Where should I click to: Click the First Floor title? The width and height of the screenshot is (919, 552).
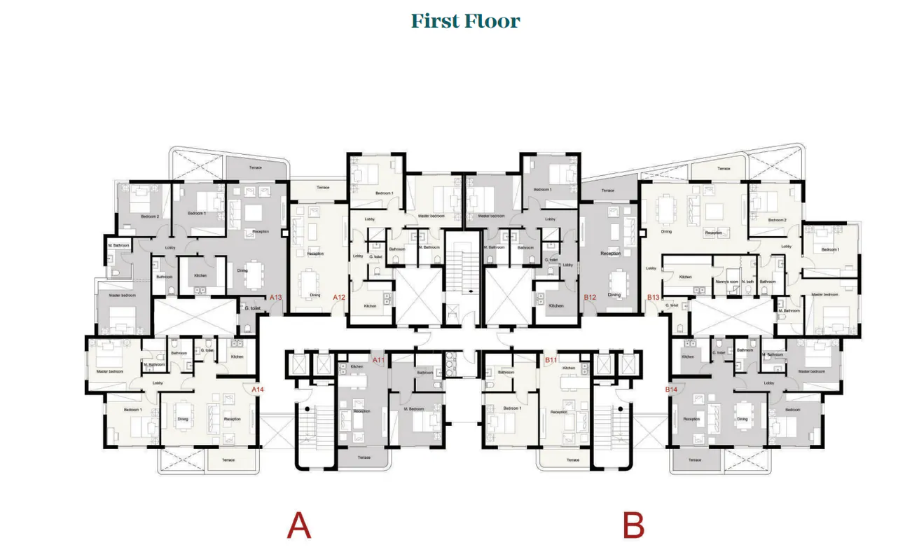465,21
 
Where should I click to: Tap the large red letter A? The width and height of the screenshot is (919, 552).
298,525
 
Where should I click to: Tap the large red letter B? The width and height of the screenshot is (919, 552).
633,525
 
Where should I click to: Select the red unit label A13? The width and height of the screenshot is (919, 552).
275,298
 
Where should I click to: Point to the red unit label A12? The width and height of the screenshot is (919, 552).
339,298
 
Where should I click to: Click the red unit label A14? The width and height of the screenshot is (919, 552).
257,389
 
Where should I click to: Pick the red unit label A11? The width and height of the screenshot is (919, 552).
378,360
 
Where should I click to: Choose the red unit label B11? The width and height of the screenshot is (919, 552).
551,360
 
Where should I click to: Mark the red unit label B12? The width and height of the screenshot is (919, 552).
590,298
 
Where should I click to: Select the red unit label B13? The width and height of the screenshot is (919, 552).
653,298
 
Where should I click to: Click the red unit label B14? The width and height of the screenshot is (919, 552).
671,389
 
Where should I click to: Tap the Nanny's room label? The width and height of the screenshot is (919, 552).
726,282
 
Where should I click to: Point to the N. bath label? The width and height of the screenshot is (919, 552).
747,282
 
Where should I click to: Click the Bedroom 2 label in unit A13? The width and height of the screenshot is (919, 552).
150,216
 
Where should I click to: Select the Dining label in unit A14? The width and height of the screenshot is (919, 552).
183,420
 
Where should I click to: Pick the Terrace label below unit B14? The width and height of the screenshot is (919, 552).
694,460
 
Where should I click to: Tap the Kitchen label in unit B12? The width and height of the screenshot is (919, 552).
556,306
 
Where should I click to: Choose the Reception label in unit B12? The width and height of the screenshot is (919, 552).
611,253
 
